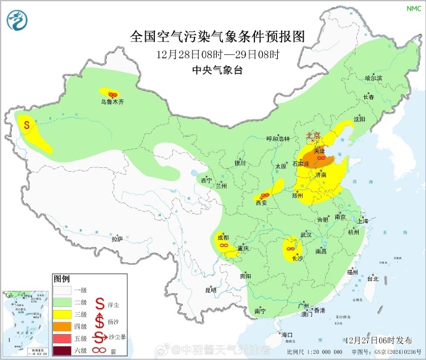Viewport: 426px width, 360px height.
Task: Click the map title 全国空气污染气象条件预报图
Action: coord(217,36)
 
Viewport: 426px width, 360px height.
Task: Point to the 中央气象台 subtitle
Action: coord(217,70)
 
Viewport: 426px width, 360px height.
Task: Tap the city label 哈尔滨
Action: coord(374,78)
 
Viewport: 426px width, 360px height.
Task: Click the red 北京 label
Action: coord(314,136)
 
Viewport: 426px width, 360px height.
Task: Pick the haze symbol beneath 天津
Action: coord(321,159)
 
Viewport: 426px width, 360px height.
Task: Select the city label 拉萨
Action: coord(117,238)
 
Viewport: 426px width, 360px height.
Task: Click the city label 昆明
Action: coord(211,289)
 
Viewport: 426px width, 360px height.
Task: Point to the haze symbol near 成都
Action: coord(223,246)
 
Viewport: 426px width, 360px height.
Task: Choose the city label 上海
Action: coord(363,220)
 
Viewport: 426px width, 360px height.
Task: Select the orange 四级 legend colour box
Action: coord(62,326)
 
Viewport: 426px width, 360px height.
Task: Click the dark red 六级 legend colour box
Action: coord(62,351)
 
